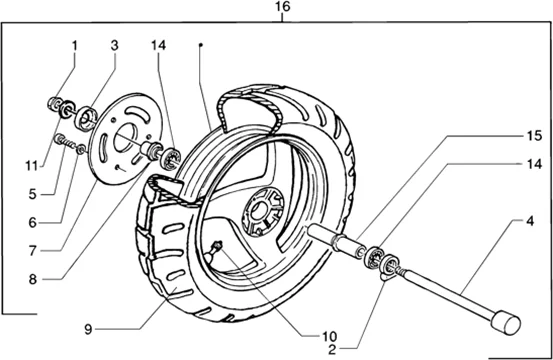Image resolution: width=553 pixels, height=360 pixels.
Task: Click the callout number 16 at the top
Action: (282, 7)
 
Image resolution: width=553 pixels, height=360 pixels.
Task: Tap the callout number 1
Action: (74, 45)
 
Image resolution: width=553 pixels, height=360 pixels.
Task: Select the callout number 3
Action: (114, 45)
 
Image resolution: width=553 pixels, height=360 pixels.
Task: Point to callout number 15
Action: (534, 135)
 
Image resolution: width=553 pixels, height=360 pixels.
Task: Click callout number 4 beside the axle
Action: (530, 221)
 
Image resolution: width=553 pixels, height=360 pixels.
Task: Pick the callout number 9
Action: (88, 329)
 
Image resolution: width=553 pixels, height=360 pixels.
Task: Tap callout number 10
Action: (329, 336)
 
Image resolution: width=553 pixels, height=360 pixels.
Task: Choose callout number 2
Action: (332, 350)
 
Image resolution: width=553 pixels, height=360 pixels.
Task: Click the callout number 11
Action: (31, 165)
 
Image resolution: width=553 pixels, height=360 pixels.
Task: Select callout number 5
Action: (32, 194)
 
